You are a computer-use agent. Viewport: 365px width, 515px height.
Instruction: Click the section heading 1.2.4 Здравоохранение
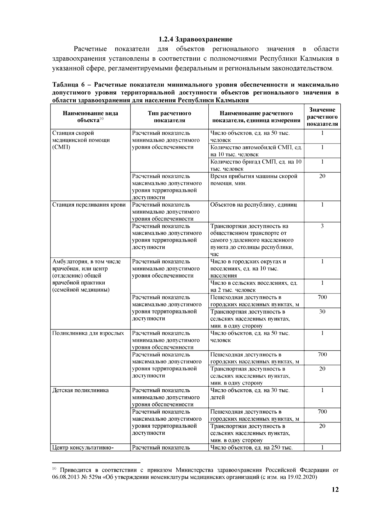point(196,39)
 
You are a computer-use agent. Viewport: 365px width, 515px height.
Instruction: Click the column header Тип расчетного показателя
point(169,117)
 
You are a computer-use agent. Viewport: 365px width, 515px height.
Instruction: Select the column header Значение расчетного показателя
point(322,117)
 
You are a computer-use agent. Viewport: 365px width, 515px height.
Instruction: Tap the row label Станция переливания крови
point(89,205)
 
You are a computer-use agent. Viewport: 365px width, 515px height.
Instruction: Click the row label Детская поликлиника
point(81,390)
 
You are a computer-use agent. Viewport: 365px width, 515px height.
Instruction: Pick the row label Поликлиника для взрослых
point(88,333)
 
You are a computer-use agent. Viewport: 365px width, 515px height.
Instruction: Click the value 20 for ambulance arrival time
point(322,176)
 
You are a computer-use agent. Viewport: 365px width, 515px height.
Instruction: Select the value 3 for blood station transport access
point(322,226)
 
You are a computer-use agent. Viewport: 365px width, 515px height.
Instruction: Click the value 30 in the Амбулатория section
point(322,312)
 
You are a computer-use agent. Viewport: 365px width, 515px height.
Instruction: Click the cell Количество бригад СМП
point(256,165)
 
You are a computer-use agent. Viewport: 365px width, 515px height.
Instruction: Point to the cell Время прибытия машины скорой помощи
point(254,180)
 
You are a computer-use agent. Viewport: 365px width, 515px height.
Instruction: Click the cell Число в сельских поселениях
point(254,286)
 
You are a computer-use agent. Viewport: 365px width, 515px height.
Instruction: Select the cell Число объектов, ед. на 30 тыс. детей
point(250,394)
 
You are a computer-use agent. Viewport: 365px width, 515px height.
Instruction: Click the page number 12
point(335,490)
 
